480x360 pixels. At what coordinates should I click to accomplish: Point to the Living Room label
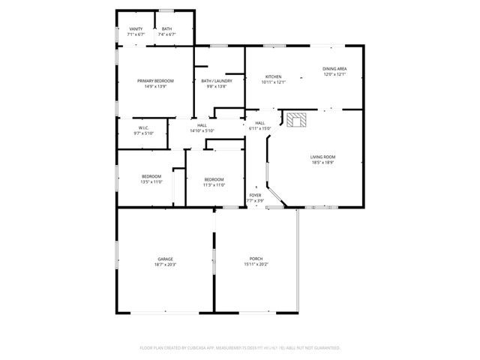pyautogui.click(x=322, y=157)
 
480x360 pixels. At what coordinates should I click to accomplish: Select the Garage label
pyautogui.click(x=165, y=259)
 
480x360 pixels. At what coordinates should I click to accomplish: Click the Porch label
pyautogui.click(x=256, y=259)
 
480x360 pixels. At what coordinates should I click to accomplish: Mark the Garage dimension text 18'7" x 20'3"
pyautogui.click(x=165, y=265)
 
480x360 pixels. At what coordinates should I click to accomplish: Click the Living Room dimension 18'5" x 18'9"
pyautogui.click(x=322, y=163)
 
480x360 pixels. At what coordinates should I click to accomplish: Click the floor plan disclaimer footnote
pyautogui.click(x=240, y=348)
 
